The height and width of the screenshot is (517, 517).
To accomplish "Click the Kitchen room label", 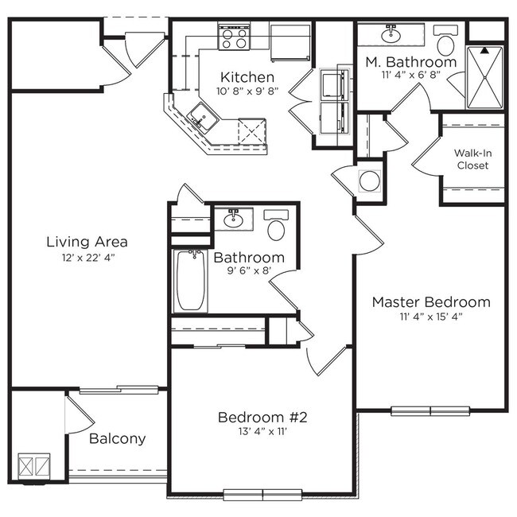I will click(x=247, y=77).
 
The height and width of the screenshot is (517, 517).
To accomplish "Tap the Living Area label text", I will click(x=87, y=242).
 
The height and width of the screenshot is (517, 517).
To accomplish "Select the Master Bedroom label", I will click(x=430, y=302).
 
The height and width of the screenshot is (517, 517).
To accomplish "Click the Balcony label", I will click(x=117, y=438).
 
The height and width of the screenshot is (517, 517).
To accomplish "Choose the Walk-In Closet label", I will click(x=472, y=159).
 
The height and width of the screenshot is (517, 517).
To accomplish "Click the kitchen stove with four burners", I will click(x=234, y=36).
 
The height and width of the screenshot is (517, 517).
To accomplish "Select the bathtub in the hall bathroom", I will click(x=191, y=282).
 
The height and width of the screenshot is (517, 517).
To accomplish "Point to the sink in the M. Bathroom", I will click(x=390, y=34).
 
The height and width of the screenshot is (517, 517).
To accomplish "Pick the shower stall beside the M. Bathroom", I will click(x=485, y=77).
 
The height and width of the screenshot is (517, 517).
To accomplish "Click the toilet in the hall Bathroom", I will click(x=276, y=227).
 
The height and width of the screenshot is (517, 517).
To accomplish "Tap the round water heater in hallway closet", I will click(x=369, y=181).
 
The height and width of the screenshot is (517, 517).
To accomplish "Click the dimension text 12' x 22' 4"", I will click(x=87, y=258).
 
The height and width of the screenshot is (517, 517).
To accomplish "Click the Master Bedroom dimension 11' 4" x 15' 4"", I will click(x=430, y=317).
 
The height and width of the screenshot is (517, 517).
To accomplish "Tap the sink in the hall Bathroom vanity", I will click(x=234, y=219).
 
